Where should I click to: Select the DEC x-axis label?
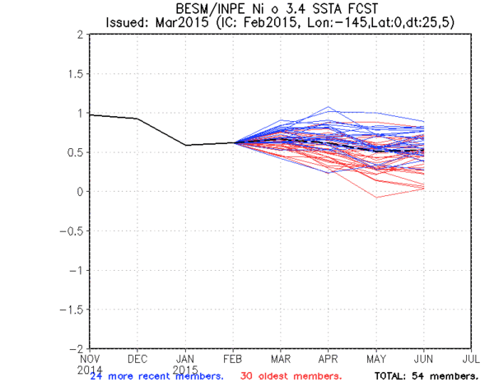point(137,360)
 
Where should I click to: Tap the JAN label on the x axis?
point(185,360)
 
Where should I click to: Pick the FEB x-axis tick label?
point(233,360)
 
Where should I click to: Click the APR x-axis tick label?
point(329,360)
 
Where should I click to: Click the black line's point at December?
point(137,119)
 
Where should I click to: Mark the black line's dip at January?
point(185,146)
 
